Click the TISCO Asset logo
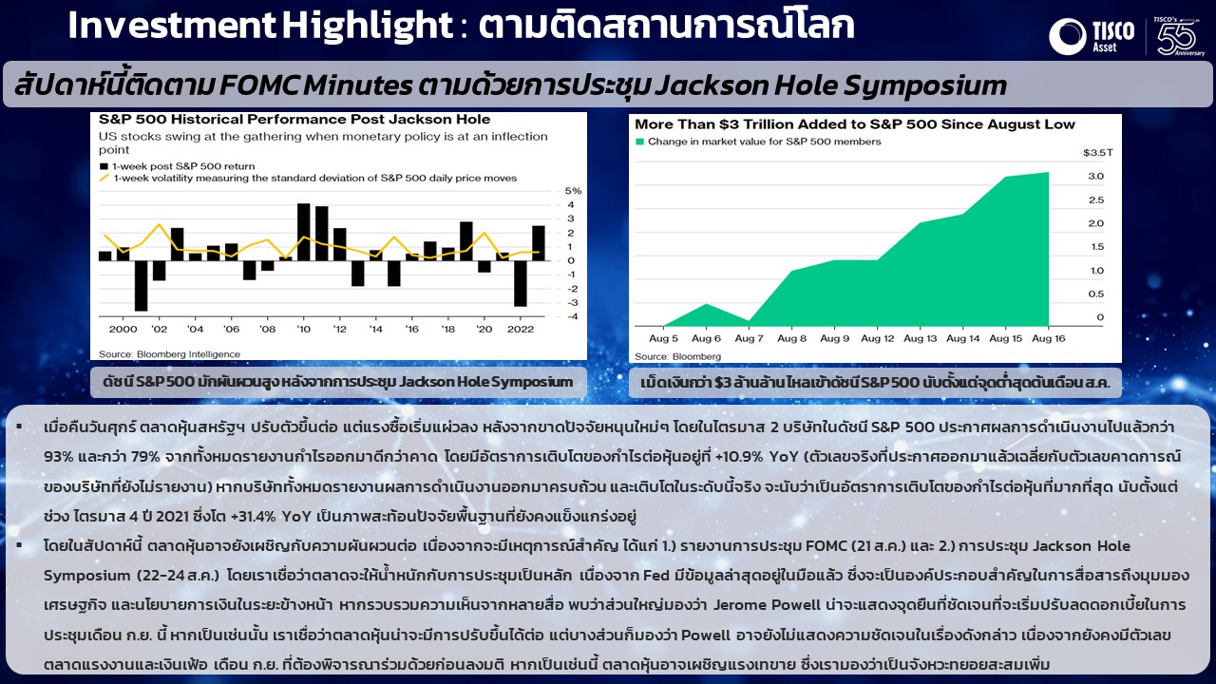pyautogui.click(x=1092, y=36)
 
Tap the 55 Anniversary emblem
pyautogui.click(x=1177, y=36)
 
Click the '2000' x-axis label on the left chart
pyautogui.click(x=123, y=329)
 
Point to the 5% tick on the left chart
pyautogui.click(x=573, y=191)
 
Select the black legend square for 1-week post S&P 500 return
pyautogui.click(x=104, y=166)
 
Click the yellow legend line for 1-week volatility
pyautogui.click(x=104, y=178)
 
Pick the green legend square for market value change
pyautogui.click(x=639, y=142)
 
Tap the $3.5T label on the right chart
pyautogui.click(x=1097, y=153)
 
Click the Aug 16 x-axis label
pyautogui.click(x=1048, y=339)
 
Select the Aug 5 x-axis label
pyautogui.click(x=663, y=339)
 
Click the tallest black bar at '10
pyautogui.click(x=303, y=232)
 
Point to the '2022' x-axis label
pyautogui.click(x=521, y=329)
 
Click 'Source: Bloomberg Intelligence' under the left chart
pyautogui.click(x=169, y=354)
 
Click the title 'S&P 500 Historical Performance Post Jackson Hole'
pyautogui.click(x=294, y=120)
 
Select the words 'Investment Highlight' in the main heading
pyautogui.click(x=260, y=26)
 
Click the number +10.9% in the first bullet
pyautogui.click(x=740, y=457)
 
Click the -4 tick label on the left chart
pyautogui.click(x=573, y=317)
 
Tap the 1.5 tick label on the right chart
pyautogui.click(x=1097, y=247)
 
